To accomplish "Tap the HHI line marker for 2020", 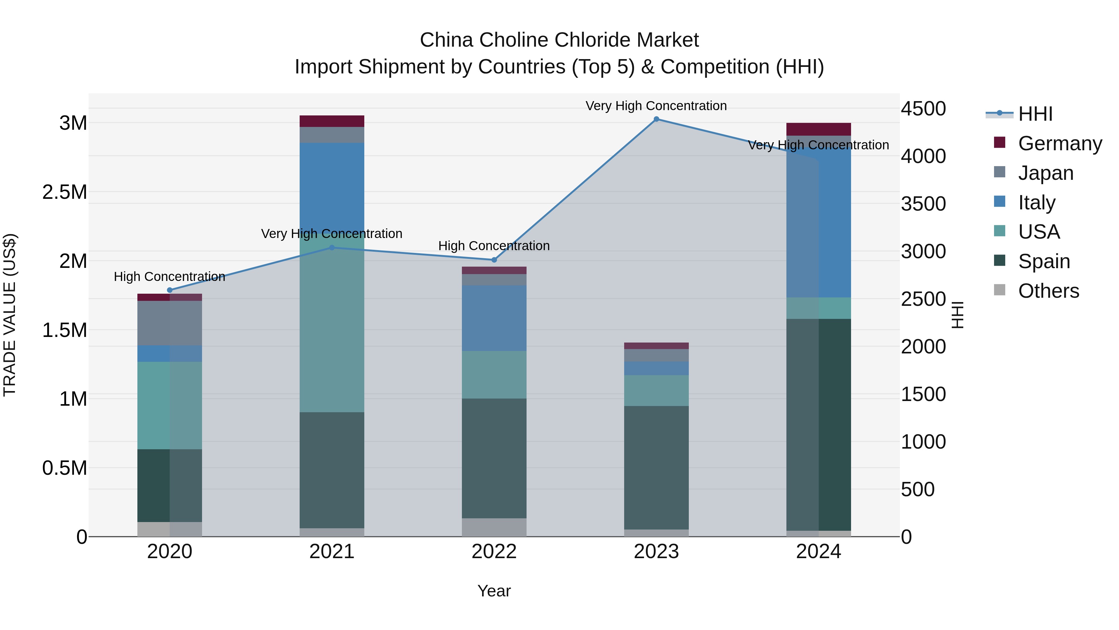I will [170, 290].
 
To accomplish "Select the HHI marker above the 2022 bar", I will [494, 260].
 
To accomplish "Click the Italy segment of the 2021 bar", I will [332, 187].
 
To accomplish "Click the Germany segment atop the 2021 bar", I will [332, 121].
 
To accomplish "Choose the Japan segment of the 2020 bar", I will [169, 323].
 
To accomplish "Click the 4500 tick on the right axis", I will [923, 109].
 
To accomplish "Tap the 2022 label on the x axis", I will [494, 552].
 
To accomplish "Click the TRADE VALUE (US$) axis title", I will [10, 315].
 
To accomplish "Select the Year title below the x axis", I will [494, 591].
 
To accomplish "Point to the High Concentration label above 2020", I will [169, 277].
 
